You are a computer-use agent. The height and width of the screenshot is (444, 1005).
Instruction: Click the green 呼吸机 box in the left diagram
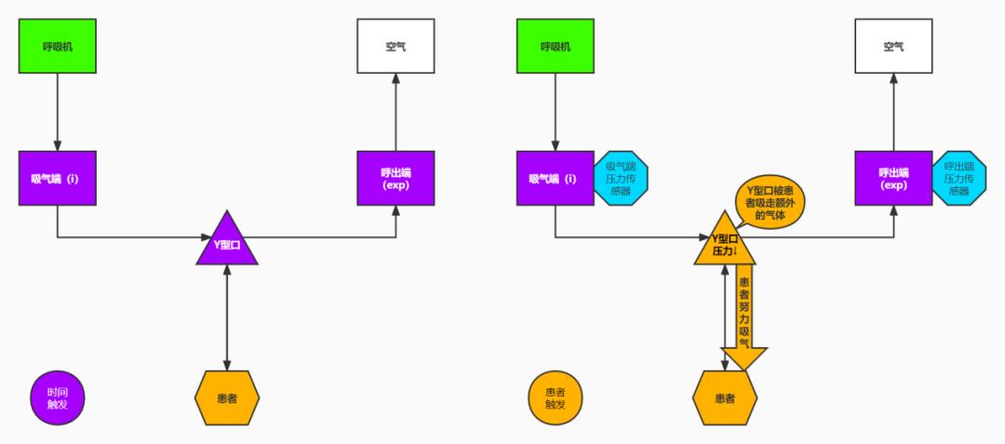[58, 46]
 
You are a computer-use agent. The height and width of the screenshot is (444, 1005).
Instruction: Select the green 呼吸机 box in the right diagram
[556, 46]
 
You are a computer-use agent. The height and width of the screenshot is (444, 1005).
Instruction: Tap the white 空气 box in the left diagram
[395, 46]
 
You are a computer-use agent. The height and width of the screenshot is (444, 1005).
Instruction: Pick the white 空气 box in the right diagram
[893, 46]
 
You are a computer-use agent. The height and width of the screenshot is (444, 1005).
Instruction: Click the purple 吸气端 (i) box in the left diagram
[58, 178]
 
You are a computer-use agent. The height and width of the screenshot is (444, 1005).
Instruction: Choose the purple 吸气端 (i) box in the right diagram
[556, 178]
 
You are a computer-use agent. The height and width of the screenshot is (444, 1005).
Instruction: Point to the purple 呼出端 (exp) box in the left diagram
[395, 178]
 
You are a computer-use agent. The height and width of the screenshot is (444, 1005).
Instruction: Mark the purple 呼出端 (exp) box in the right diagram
[893, 178]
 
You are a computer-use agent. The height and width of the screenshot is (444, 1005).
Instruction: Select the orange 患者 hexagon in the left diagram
[226, 397]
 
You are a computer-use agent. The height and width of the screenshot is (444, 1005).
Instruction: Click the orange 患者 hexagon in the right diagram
[725, 397]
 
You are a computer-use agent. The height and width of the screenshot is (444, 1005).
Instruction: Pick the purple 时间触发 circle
[57, 398]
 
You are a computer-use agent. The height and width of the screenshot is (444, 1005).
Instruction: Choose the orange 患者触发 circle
[555, 398]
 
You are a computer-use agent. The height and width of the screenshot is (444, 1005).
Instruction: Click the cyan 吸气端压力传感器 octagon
[620, 178]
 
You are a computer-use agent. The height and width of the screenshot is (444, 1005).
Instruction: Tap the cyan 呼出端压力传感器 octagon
[958, 178]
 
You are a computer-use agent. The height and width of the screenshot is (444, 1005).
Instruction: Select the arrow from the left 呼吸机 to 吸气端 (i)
[58, 112]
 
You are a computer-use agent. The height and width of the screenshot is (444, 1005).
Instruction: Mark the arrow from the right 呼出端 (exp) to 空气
[893, 112]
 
